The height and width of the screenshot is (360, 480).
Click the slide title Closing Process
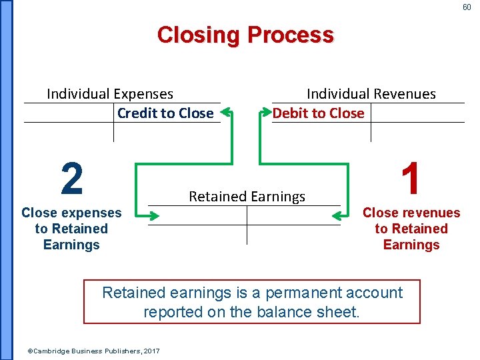[245, 35]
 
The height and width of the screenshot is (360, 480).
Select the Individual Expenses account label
[110, 94]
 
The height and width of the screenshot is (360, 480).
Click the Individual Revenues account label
[371, 94]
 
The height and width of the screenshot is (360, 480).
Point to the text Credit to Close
[165, 113]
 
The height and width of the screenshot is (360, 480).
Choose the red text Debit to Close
[318, 113]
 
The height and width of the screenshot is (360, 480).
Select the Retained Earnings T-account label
[247, 197]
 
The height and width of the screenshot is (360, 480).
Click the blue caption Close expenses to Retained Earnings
[71, 229]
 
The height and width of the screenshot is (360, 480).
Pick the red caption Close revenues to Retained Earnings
[411, 229]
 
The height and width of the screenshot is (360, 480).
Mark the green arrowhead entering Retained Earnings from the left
[153, 215]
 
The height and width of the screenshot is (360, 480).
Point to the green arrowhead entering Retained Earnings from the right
[339, 215]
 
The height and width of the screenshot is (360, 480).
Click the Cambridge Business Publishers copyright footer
[93, 351]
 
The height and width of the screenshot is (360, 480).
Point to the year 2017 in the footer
[151, 351]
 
